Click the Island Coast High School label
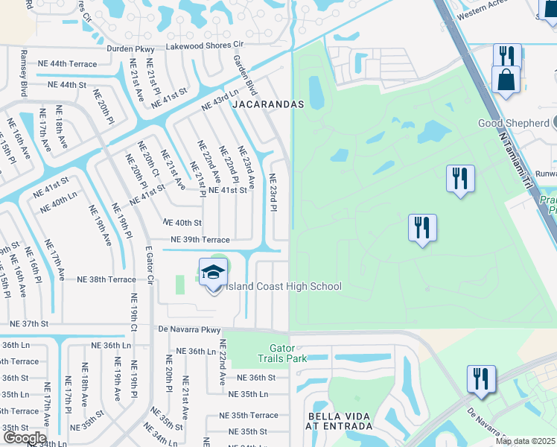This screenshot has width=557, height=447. (284, 287)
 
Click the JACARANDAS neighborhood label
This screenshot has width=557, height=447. (268, 105)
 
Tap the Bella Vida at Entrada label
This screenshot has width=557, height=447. (340, 421)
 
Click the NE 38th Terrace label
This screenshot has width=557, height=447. (106, 279)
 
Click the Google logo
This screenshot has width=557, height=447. (25, 437)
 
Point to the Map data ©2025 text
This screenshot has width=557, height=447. (526, 441)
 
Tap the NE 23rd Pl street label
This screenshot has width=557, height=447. (273, 192)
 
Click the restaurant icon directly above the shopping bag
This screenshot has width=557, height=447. (507, 56)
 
